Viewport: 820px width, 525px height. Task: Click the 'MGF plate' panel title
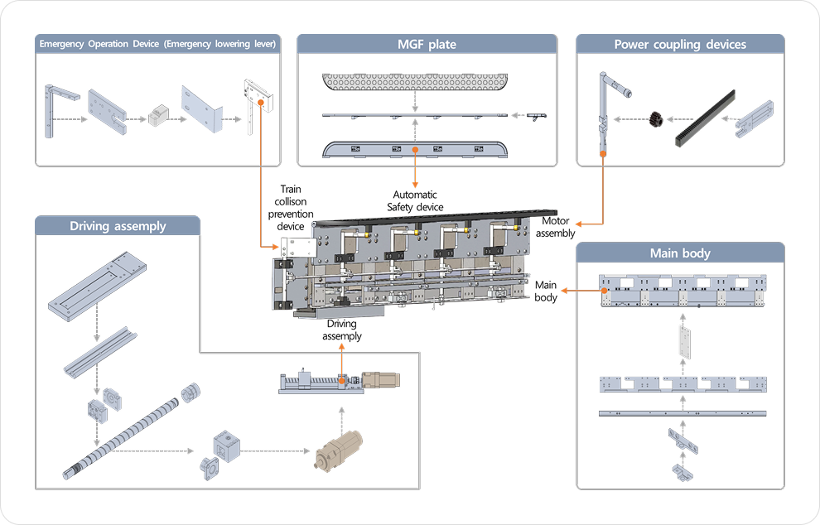click(427, 44)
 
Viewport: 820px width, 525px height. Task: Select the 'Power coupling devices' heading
click(680, 44)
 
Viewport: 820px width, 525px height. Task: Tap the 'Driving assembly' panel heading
click(118, 225)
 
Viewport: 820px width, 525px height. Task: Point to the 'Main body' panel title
click(680, 253)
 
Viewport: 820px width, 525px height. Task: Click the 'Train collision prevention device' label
click(292, 207)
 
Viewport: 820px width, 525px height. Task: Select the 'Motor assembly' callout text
click(555, 227)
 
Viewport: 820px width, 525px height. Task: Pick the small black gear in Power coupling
click(660, 118)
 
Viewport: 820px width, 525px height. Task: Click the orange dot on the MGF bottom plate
click(415, 150)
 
